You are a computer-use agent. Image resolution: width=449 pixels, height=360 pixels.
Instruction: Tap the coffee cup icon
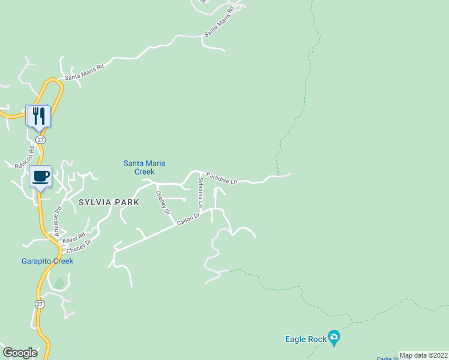[41, 176]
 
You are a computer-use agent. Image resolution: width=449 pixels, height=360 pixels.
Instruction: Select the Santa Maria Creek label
[144, 167]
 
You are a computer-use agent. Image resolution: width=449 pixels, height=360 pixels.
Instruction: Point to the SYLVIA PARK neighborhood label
[109, 203]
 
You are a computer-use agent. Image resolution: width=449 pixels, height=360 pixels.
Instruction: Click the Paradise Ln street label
[221, 178]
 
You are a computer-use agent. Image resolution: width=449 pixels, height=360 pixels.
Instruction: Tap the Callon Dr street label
[188, 220]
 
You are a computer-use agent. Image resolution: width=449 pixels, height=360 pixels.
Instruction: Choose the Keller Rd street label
[73, 238]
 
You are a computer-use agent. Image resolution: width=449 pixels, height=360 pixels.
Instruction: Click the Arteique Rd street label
[58, 220]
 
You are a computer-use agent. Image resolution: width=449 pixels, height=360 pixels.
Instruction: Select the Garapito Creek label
[47, 261]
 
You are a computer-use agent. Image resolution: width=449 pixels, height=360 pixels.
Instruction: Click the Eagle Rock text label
[305, 340]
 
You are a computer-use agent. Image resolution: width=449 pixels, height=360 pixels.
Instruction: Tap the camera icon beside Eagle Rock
[334, 339]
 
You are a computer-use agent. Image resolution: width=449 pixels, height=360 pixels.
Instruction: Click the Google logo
[20, 353]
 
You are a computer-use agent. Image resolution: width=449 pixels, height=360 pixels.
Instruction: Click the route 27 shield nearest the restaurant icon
[40, 139]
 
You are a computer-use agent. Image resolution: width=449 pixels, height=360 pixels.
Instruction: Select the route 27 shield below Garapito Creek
[39, 304]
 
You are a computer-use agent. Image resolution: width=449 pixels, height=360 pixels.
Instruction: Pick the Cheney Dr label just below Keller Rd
[79, 247]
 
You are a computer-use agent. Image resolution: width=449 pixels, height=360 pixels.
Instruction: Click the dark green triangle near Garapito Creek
[59, 282]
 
